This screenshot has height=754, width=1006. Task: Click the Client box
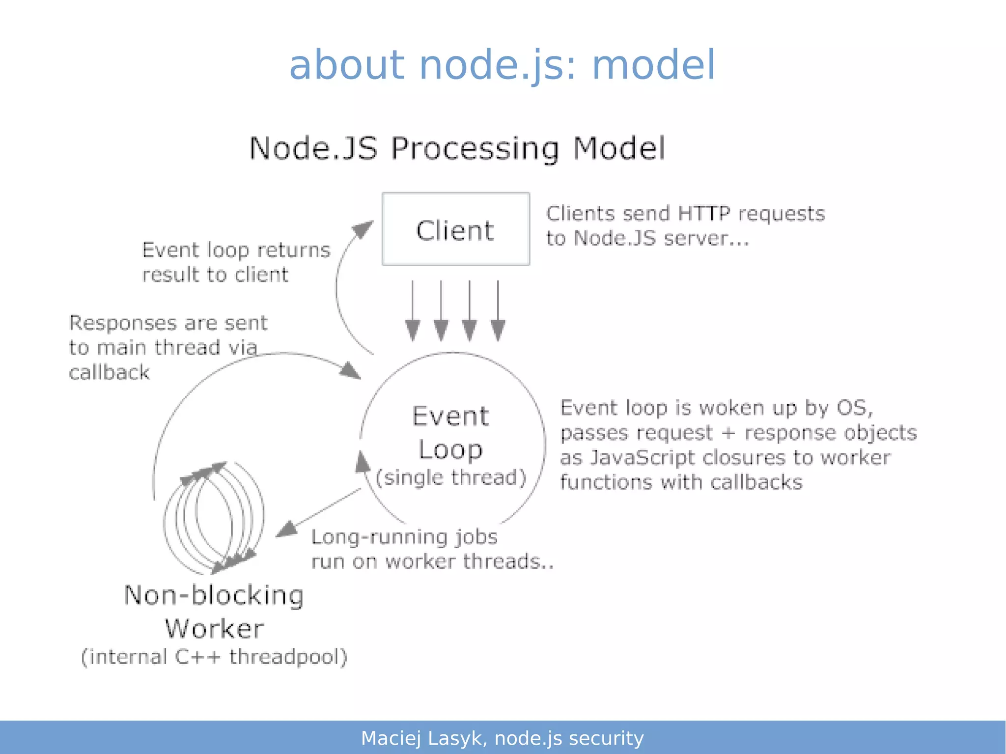455,229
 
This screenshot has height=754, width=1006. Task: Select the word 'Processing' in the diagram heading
475,148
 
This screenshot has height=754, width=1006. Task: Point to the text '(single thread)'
450,477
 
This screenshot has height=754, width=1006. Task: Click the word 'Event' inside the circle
450,417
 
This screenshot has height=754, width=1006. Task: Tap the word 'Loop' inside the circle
450,449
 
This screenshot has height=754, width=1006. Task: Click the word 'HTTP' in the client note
703,214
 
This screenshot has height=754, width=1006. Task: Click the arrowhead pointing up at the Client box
363,229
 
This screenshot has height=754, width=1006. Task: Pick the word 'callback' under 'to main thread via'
109,372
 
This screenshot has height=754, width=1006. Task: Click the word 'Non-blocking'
214,595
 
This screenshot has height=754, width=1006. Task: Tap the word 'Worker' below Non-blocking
215,629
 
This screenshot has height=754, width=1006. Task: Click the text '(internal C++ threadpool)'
214,657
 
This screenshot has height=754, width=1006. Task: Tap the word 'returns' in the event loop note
293,251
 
